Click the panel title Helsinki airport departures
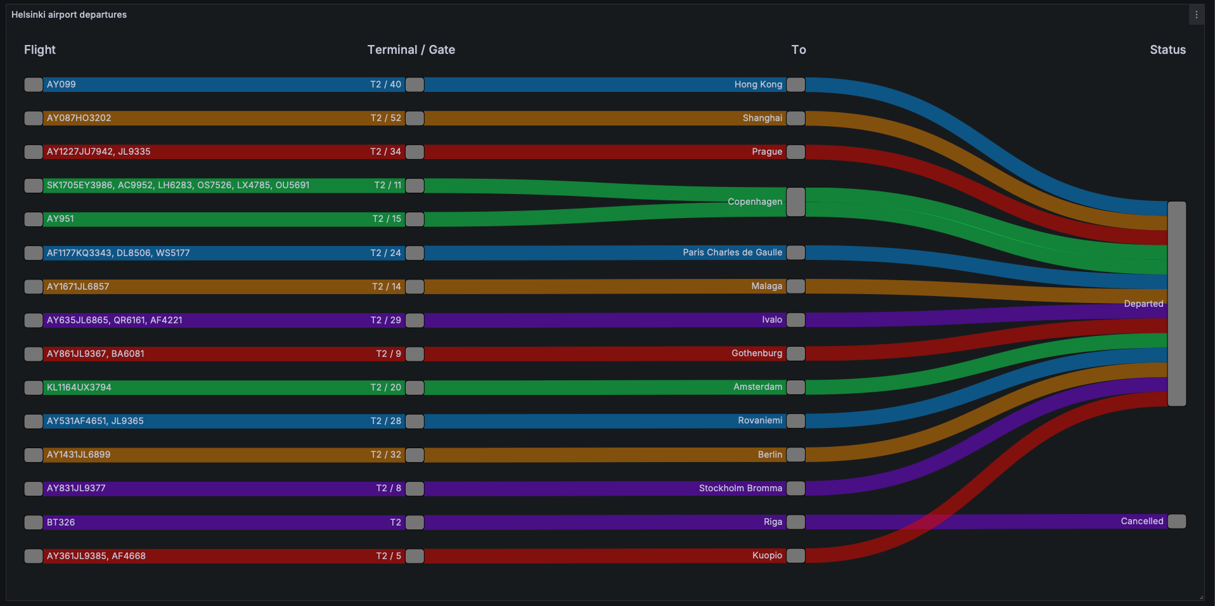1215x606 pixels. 68,15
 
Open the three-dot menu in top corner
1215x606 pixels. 1196,15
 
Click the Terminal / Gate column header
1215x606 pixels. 411,49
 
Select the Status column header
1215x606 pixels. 1167,49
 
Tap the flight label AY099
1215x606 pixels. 61,84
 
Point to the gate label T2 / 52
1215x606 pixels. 385,118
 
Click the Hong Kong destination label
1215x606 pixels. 758,84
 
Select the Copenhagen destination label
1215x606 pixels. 754,202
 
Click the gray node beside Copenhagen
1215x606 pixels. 795,202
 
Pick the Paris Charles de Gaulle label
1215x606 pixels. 732,252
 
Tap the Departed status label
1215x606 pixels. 1143,304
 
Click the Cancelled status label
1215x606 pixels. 1141,521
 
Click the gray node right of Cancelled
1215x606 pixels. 1176,521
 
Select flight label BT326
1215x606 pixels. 61,522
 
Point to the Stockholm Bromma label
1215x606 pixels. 740,488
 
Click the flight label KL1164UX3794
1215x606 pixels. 79,387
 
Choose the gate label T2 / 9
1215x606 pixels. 388,354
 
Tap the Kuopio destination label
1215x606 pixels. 767,555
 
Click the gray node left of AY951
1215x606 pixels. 34,219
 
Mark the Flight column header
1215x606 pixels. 39,49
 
